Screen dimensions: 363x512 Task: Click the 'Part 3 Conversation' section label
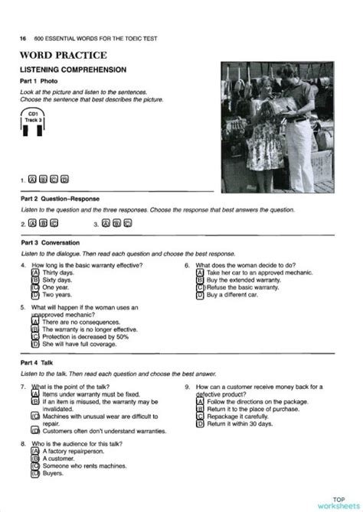pyautogui.click(x=51, y=242)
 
